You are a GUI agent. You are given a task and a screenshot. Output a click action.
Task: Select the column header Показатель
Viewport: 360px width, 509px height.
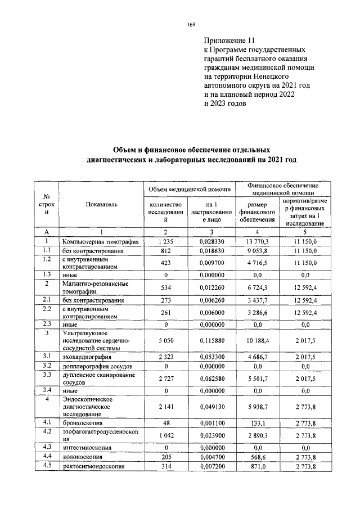point(101,205)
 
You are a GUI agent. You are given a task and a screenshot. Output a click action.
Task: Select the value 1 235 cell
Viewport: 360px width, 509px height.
point(165,241)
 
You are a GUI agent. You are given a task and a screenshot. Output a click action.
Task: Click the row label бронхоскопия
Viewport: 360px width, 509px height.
point(82,421)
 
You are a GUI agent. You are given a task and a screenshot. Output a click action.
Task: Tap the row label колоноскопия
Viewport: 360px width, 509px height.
point(82,458)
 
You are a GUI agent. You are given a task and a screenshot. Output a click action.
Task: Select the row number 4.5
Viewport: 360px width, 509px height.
point(47,466)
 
